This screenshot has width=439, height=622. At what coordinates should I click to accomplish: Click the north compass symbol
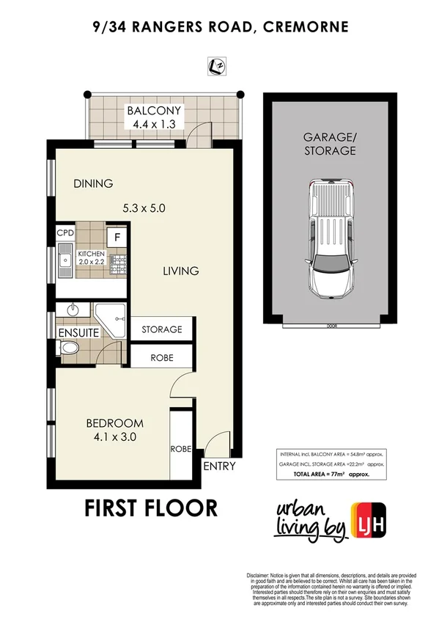[218, 67]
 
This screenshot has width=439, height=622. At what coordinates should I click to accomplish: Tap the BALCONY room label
[155, 111]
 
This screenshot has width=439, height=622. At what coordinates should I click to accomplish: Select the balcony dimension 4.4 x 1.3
[155, 124]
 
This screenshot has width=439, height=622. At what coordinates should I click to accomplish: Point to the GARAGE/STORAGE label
[330, 144]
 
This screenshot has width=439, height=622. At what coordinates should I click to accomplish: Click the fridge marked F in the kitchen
[115, 236]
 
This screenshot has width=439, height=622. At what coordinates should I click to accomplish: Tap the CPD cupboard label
[65, 234]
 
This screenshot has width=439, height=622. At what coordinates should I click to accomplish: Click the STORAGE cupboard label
[161, 329]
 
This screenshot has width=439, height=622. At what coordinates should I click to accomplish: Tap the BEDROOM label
[114, 423]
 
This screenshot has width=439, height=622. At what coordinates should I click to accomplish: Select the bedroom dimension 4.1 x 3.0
[114, 437]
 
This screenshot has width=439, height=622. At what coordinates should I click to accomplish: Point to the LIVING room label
[180, 271]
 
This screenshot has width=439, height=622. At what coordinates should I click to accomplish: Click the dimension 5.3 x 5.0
[144, 208]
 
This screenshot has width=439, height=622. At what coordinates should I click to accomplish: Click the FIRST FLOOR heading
[151, 508]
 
